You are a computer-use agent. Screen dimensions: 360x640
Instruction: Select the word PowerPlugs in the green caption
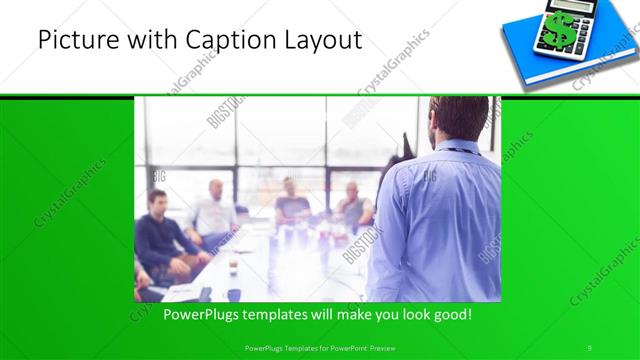pyautogui.click(x=200, y=314)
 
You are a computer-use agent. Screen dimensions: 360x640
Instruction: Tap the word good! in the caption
pyautogui.click(x=453, y=314)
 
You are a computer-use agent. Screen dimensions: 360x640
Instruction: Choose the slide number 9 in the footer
pyautogui.click(x=589, y=346)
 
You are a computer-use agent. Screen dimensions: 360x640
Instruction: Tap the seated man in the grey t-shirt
pyautogui.click(x=291, y=204)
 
